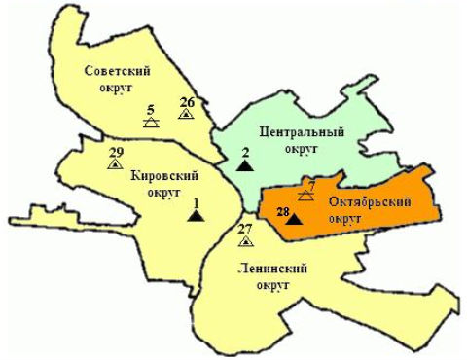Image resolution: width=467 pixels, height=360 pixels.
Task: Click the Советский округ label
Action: [x=115, y=79]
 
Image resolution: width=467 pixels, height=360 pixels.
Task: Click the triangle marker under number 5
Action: [x=151, y=124]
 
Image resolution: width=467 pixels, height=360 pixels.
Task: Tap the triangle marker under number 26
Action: [x=186, y=114]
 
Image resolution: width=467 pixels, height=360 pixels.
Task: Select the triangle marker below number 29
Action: [x=116, y=164]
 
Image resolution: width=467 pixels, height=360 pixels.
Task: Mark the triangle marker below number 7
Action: [x=305, y=195]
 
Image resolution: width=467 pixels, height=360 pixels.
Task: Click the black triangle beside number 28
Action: [x=296, y=220]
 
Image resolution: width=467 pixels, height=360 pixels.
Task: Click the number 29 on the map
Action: [x=116, y=152]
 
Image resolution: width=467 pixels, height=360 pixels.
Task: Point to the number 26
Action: [x=188, y=101]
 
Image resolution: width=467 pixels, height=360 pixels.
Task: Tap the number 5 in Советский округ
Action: [x=151, y=110]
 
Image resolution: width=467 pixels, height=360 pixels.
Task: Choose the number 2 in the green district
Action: [x=245, y=152]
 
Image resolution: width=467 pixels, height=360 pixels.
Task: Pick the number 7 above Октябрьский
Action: [x=311, y=184]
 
